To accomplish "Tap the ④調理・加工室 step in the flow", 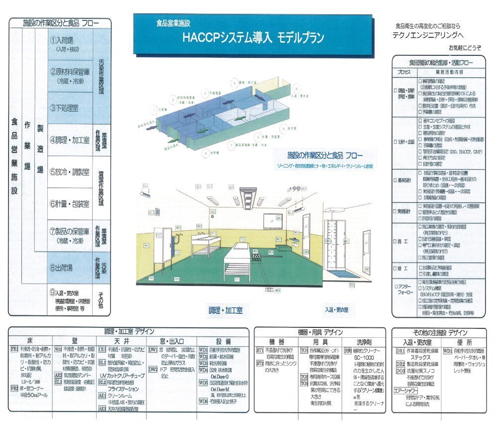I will click(70, 140).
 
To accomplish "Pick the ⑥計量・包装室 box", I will click(70, 204).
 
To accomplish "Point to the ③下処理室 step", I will click(65, 107).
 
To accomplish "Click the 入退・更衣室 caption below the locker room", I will click(337, 310).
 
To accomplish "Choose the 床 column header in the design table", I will click(30, 340).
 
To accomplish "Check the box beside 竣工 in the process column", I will click(396, 269).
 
